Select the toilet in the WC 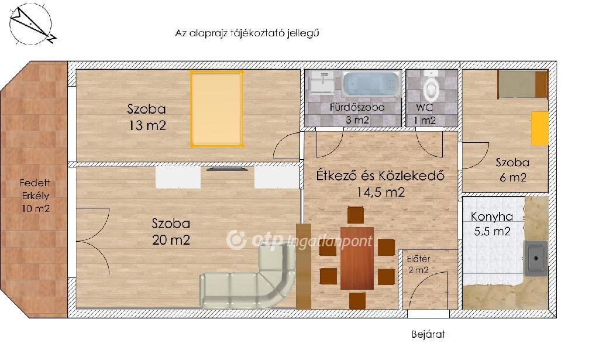click(x=431, y=85)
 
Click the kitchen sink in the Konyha click(x=536, y=258)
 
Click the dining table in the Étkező click(x=357, y=258)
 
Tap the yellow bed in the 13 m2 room click(x=217, y=108)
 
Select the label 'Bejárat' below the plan click(x=428, y=334)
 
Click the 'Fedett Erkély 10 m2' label click(x=35, y=196)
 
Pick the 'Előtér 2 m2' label click(x=419, y=264)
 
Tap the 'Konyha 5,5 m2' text click(x=491, y=224)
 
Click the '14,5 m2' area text click(x=380, y=192)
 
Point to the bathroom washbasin click(x=322, y=82)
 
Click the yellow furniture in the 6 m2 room click(x=540, y=128)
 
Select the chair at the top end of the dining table click(x=356, y=215)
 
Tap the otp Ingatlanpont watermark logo click(x=299, y=241)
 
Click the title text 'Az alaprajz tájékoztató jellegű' click(x=247, y=33)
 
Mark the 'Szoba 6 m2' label click(x=512, y=170)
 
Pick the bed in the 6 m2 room click(x=523, y=84)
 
